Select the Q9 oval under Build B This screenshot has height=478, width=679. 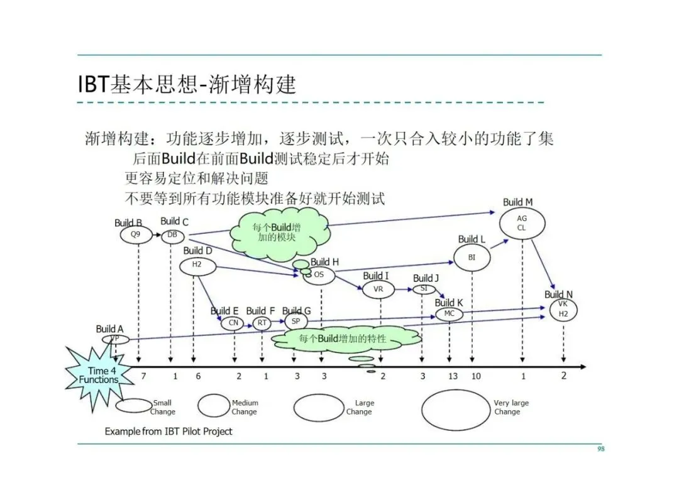coord(136,235)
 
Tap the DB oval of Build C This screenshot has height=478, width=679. coord(172,236)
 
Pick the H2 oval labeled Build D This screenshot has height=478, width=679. coord(197,266)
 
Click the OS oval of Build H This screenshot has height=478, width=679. coord(319,275)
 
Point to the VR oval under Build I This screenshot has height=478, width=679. coord(378,289)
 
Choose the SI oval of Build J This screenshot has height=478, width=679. coord(424,289)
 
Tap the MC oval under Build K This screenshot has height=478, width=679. coord(449,314)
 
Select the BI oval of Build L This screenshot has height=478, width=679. coord(472,258)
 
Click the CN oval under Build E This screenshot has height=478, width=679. coord(233,323)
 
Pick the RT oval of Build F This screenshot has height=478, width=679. coord(262,323)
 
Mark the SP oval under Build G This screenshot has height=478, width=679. coord(295,321)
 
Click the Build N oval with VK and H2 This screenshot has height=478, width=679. coord(563,309)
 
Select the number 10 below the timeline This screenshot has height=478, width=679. coord(476,376)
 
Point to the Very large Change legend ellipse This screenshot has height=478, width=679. coord(455,410)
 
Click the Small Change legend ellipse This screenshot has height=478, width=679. coord(133,406)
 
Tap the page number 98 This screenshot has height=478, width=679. coord(600,449)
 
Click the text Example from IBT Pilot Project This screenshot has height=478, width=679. coord(168,432)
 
